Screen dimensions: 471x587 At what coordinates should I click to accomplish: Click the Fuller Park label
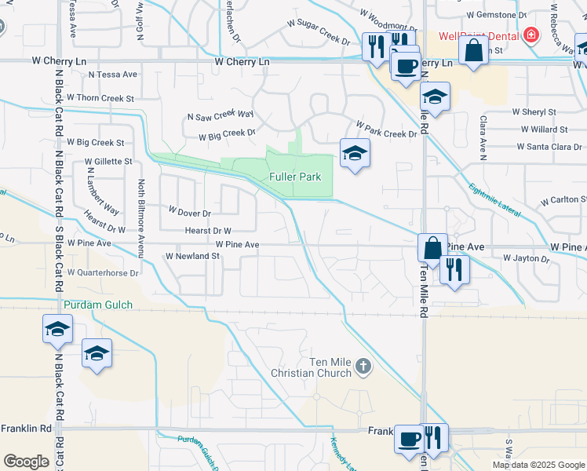(295, 177)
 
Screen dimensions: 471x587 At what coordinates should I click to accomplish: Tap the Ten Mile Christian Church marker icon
(362, 366)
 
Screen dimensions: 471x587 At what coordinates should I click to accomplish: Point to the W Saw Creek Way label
(221, 115)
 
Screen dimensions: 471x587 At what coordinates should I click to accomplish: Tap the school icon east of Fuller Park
(355, 153)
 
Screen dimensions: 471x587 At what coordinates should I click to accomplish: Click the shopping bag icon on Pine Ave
(432, 248)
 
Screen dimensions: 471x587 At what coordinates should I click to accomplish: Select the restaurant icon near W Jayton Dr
(455, 269)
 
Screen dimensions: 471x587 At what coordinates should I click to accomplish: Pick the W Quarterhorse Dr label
(103, 273)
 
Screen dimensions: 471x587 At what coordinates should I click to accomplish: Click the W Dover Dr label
(191, 213)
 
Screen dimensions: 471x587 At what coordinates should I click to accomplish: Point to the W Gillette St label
(109, 160)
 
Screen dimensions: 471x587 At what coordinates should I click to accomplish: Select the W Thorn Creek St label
(100, 98)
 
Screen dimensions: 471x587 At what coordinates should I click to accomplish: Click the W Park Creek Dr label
(386, 130)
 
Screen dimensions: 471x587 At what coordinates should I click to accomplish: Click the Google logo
(26, 462)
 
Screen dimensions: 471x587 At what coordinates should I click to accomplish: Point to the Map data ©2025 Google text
(538, 465)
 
